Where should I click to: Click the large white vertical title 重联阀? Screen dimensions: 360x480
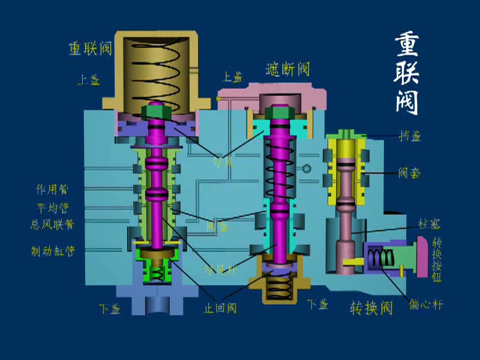[x=407, y=73]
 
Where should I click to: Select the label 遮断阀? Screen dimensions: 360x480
[x=288, y=69]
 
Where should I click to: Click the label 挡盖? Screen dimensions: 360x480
[x=409, y=136]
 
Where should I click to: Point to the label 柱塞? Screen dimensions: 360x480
[x=430, y=224]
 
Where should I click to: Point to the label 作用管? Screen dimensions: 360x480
[x=53, y=190]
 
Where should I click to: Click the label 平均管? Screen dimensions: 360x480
[x=53, y=208]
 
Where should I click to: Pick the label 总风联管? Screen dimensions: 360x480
[x=52, y=224]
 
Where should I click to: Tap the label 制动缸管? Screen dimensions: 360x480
[x=53, y=250]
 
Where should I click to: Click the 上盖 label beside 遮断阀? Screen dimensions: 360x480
[x=232, y=77]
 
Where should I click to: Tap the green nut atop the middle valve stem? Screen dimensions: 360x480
[x=280, y=112]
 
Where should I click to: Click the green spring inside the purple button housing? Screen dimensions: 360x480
[x=381, y=259]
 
